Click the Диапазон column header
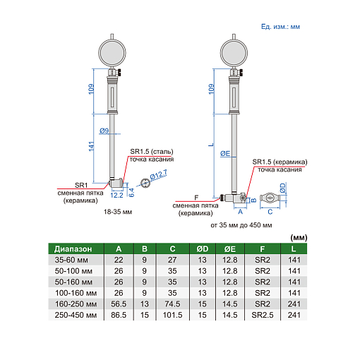coord(73,249)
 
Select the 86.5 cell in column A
coord(119,315)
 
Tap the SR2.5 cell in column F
coord(263,315)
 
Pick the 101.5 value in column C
coord(172,315)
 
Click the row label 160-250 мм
coord(76,304)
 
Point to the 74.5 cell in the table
coord(172,304)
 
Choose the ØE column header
coord(230,249)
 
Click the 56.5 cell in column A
coord(119,304)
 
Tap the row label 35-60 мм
coord(71,260)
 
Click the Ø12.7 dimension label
coord(159,175)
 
